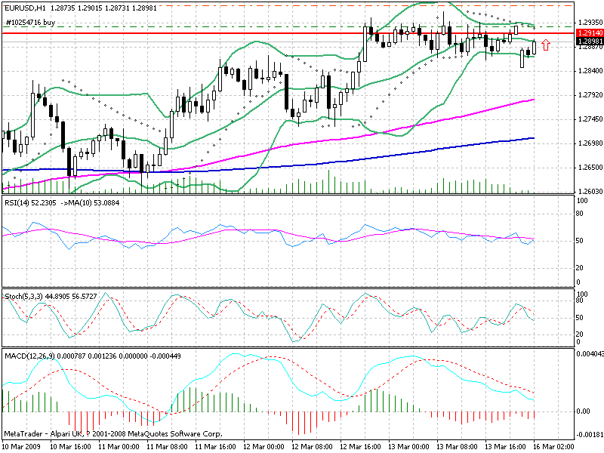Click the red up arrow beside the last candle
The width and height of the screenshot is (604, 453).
(x=546, y=45)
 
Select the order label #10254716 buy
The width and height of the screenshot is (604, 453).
(x=30, y=23)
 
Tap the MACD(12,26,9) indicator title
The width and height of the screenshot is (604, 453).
(x=28, y=354)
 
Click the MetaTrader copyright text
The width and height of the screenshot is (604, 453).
(x=113, y=434)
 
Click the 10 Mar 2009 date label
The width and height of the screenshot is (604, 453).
(x=21, y=446)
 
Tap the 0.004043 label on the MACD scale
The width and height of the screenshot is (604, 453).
(x=589, y=353)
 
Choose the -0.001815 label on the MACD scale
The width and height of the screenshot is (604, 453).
(x=589, y=436)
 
